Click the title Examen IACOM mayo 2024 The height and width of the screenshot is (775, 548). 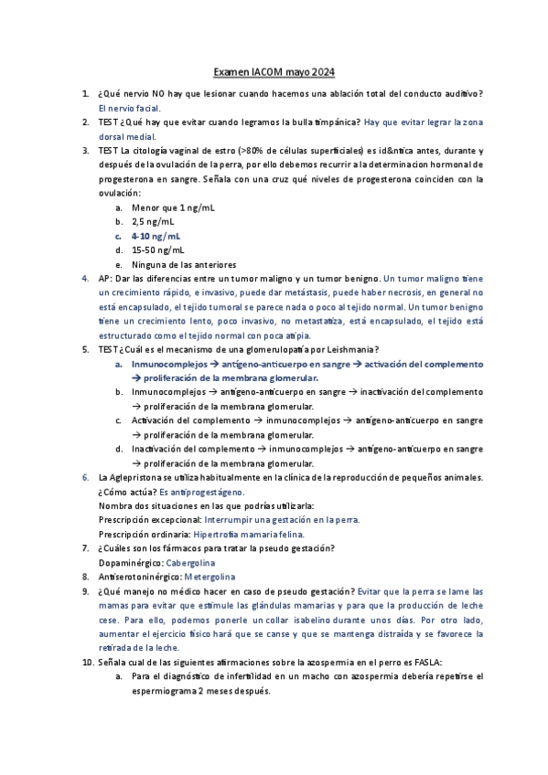274,71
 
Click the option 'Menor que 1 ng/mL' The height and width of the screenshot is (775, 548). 174,207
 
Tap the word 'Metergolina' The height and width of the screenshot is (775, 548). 210,577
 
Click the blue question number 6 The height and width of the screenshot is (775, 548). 85,477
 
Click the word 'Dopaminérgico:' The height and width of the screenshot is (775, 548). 129,562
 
